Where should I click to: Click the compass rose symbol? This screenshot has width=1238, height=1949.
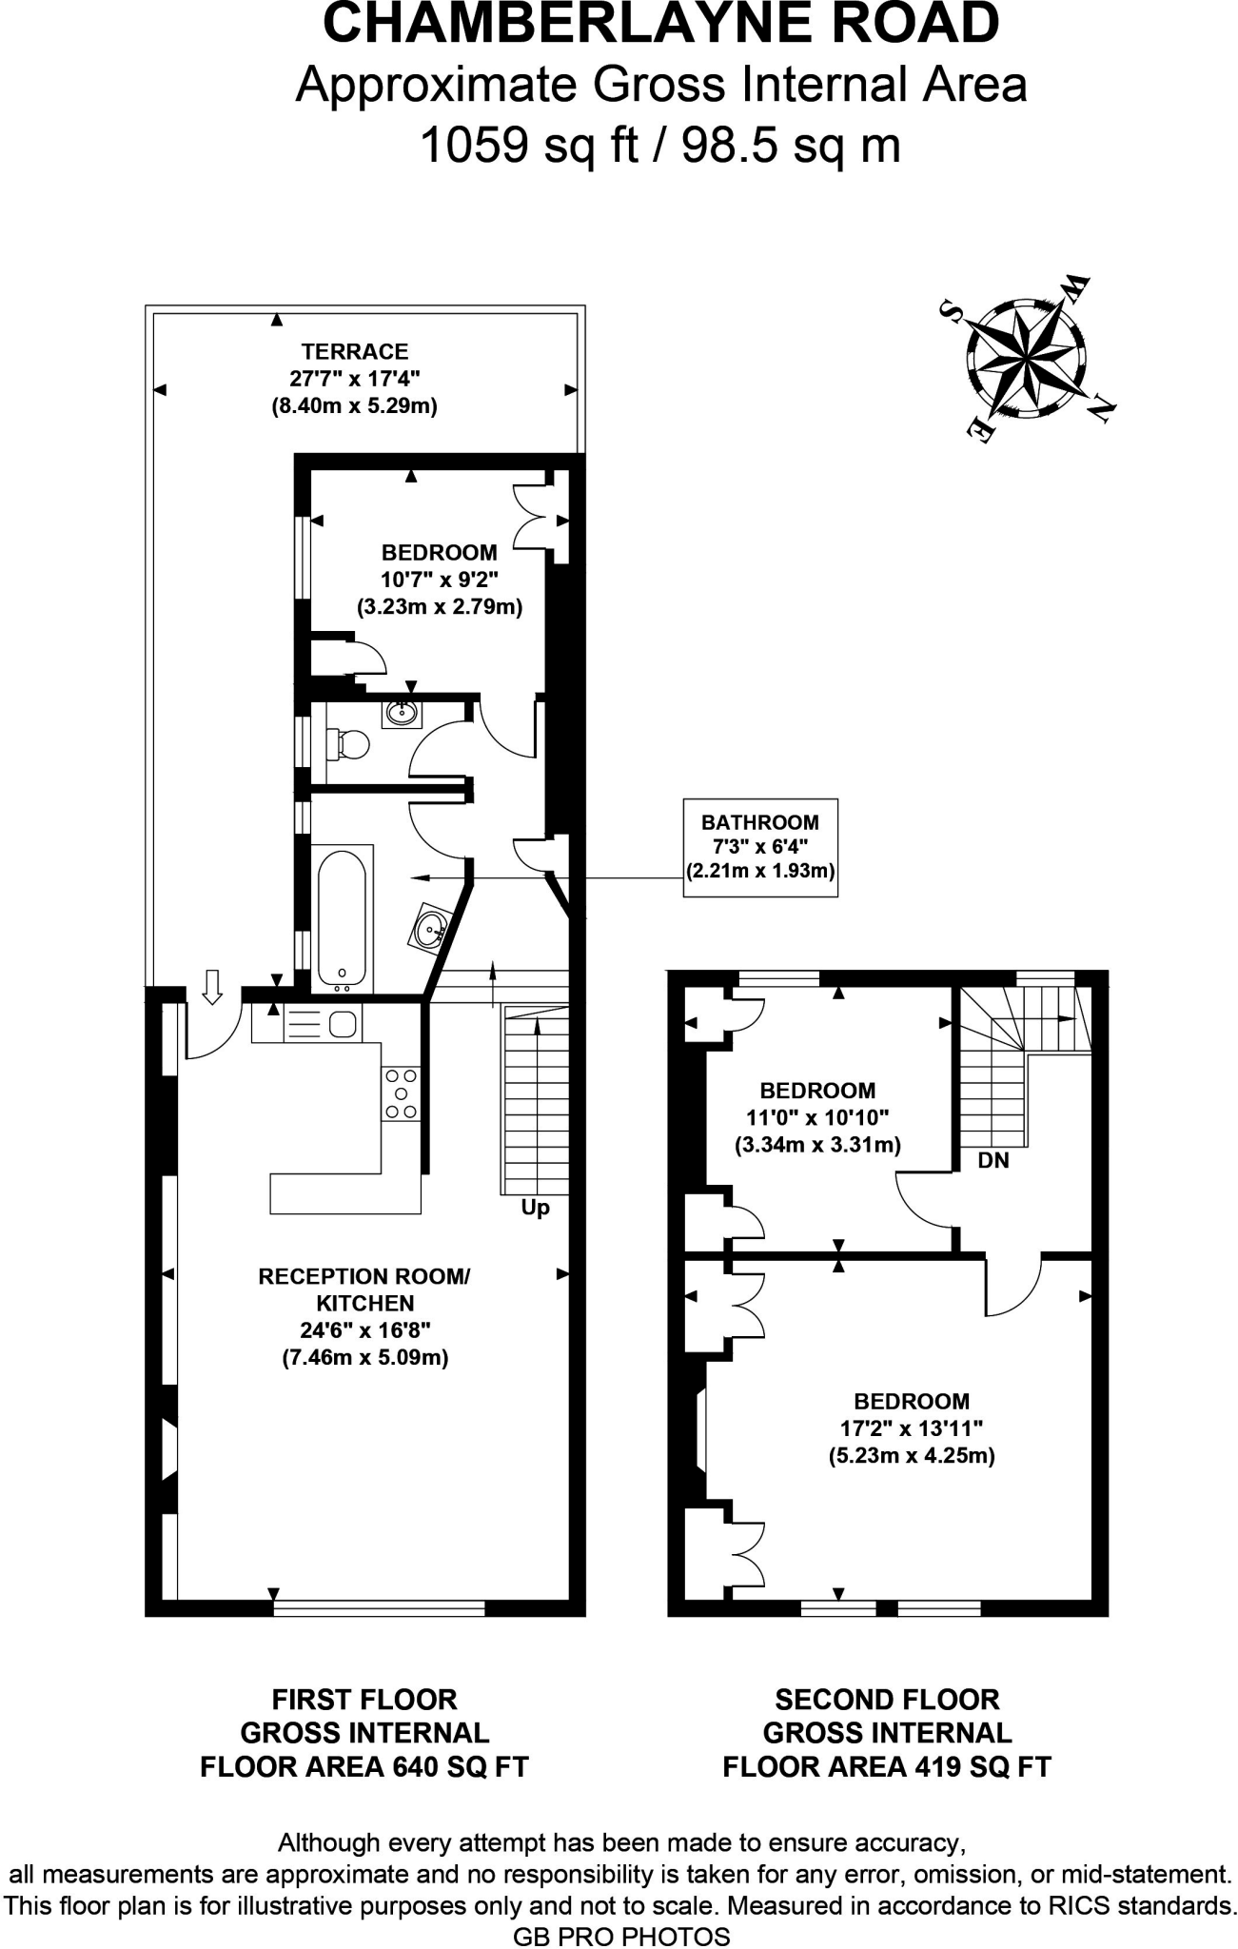(1026, 361)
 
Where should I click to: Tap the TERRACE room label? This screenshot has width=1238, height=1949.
(354, 351)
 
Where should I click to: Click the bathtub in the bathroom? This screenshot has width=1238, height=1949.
(342, 917)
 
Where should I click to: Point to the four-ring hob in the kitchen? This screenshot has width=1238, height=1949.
(401, 1093)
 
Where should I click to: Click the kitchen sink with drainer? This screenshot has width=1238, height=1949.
(322, 1024)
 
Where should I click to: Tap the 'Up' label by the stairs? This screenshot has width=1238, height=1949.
(535, 1208)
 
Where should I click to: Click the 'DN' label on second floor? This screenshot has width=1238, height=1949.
(992, 1161)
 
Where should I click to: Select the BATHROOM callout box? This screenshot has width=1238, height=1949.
(760, 847)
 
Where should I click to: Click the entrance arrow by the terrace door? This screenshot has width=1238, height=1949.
(213, 986)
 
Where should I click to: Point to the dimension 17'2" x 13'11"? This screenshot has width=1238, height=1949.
(911, 1427)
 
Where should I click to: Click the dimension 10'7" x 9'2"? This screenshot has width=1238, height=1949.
(440, 579)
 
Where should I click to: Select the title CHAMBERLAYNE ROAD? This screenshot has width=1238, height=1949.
(660, 25)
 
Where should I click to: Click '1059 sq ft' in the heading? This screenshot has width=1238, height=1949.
(528, 146)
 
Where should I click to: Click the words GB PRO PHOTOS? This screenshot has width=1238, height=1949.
(621, 1936)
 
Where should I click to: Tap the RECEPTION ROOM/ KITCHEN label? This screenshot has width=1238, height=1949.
(364, 1289)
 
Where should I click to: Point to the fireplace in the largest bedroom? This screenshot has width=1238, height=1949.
(700, 1431)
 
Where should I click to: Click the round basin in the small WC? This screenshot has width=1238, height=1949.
(402, 711)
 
